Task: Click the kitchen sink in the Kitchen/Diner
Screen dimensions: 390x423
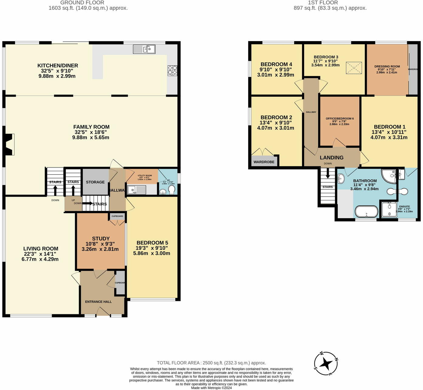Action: (x=144, y=49)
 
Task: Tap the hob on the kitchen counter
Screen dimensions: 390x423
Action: (x=172, y=71)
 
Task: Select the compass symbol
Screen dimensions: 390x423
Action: (x=326, y=363)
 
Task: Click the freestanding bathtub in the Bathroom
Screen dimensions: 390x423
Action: (x=366, y=211)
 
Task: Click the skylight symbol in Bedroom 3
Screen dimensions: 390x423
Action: (x=354, y=67)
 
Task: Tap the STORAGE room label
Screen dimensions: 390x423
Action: (x=95, y=182)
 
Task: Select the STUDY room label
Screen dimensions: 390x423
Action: (x=101, y=239)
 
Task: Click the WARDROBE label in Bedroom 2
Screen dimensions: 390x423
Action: (x=264, y=162)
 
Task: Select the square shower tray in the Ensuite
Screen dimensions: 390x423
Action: (x=389, y=209)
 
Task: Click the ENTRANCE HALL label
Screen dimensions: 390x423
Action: (x=98, y=302)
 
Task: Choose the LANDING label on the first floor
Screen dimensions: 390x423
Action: (x=332, y=157)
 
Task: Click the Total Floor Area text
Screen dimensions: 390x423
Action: (x=211, y=363)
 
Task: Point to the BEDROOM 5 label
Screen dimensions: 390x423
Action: (x=152, y=243)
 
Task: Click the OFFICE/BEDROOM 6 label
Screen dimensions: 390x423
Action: (x=339, y=119)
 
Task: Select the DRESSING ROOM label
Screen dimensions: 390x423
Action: (x=387, y=66)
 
